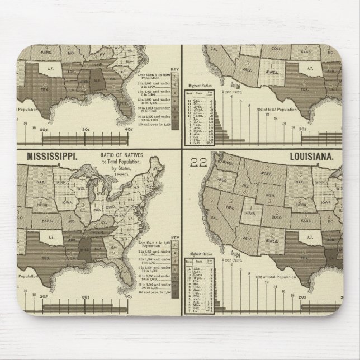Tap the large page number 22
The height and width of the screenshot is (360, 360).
[199, 162]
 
